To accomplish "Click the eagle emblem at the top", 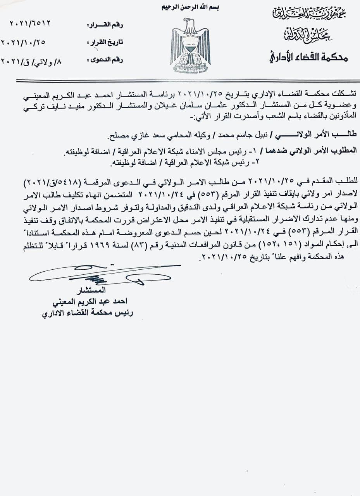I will pos(190,46).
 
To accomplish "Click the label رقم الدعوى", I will pos(106,60).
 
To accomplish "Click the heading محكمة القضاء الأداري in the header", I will pos(308,58).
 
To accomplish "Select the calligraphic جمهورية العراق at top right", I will pos(308,14).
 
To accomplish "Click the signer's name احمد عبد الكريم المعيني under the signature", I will pos(91,302).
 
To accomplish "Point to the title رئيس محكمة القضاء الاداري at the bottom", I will pos(88,313).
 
